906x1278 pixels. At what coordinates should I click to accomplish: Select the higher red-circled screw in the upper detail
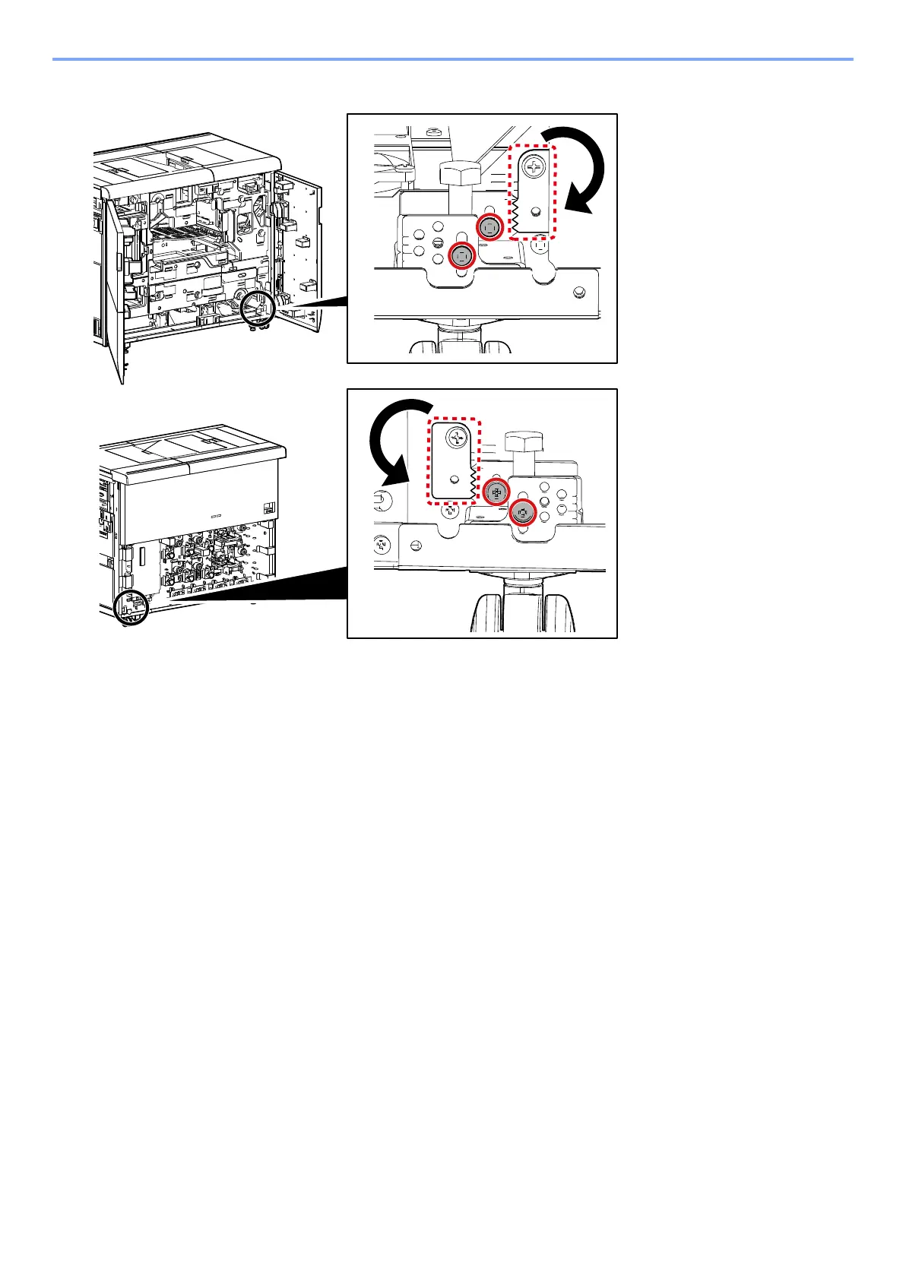pyautogui.click(x=490, y=227)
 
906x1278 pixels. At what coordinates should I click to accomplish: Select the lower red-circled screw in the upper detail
pyautogui.click(x=461, y=257)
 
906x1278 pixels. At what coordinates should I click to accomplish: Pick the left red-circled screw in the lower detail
pyautogui.click(x=496, y=492)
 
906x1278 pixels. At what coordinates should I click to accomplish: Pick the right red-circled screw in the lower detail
pyautogui.click(x=522, y=513)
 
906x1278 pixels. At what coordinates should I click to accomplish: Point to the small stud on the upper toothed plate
pyautogui.click(x=537, y=210)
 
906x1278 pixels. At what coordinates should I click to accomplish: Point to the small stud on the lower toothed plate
pyautogui.click(x=453, y=479)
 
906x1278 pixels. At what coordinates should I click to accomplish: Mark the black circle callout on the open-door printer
pyautogui.click(x=255, y=308)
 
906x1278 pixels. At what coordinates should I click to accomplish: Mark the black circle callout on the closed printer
pyautogui.click(x=128, y=608)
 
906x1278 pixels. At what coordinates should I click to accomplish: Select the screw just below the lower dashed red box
pyautogui.click(x=450, y=509)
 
